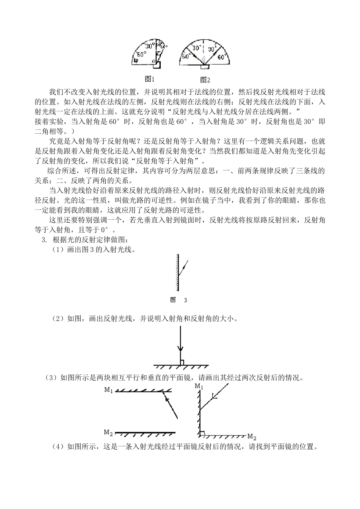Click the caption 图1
(x=150, y=79)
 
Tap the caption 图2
(x=205, y=80)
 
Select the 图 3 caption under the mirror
(x=179, y=300)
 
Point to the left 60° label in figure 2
(x=186, y=57)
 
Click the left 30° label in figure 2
(x=196, y=48)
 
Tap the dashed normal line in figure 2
(x=203, y=49)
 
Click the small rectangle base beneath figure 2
(x=204, y=67)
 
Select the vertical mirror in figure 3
(x=177, y=272)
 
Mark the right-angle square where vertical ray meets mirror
(x=182, y=362)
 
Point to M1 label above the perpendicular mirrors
(x=199, y=386)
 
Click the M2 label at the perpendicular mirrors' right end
(x=252, y=436)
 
